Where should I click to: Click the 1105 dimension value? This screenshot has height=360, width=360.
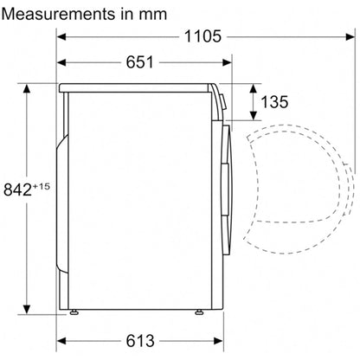[x=202, y=36]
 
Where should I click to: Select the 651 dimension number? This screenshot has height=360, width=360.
[x=140, y=62]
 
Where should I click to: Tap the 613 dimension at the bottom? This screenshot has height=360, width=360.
[x=140, y=341]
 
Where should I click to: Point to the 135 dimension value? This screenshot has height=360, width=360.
[x=274, y=102]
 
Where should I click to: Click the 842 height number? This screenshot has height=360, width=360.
[x=17, y=190]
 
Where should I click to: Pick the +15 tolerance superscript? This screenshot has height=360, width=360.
[x=42, y=186]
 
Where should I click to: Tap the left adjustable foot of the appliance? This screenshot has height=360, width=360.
[x=74, y=312]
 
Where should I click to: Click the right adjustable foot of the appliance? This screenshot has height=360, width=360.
[x=198, y=312]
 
